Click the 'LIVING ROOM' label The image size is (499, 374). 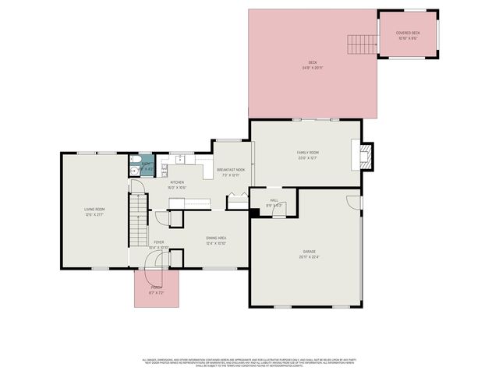click(94, 209)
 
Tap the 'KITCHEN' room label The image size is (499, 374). click(177, 182)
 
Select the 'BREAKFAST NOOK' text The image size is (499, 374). click(231, 169)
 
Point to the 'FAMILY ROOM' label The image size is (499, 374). click(307, 152)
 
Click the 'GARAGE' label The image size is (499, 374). click(310, 251)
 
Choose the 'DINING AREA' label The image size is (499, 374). click(216, 238)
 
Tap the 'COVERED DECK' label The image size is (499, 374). click(408, 33)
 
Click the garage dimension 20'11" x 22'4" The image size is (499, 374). click(310, 256)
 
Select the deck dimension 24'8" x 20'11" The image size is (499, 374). click(313, 68)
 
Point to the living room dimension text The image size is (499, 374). click(94, 214)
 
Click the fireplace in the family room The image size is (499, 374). click(366, 154)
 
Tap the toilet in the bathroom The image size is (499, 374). click(134, 165)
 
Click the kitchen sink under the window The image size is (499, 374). click(179, 160)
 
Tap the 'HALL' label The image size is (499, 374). click(274, 200)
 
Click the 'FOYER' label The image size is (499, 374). click(159, 243)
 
